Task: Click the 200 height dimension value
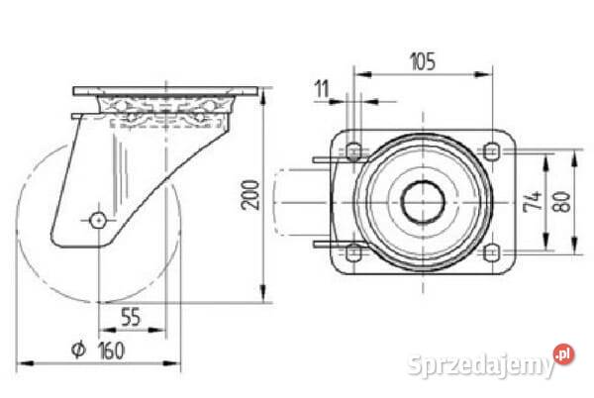coord(250,195)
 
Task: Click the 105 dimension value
coord(423,61)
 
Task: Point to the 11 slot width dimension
coord(322,89)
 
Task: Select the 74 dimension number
coord(533,201)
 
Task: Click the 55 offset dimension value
coord(131,317)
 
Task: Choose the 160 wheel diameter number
coord(111,350)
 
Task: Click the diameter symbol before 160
coord(78,349)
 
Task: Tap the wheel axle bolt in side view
coord(98,220)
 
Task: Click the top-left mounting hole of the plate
coord(353,151)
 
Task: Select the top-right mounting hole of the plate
coord(492,151)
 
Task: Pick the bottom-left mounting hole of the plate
coord(353,252)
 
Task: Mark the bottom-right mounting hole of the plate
coord(492,252)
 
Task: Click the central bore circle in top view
coord(423,202)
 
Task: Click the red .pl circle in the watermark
coord(564,354)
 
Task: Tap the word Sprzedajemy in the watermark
coord(481,363)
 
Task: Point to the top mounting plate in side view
coord(165,91)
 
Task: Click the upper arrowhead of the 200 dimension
coord(263,96)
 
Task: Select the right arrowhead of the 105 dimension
coord(483,74)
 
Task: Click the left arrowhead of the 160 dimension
coord(26,363)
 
